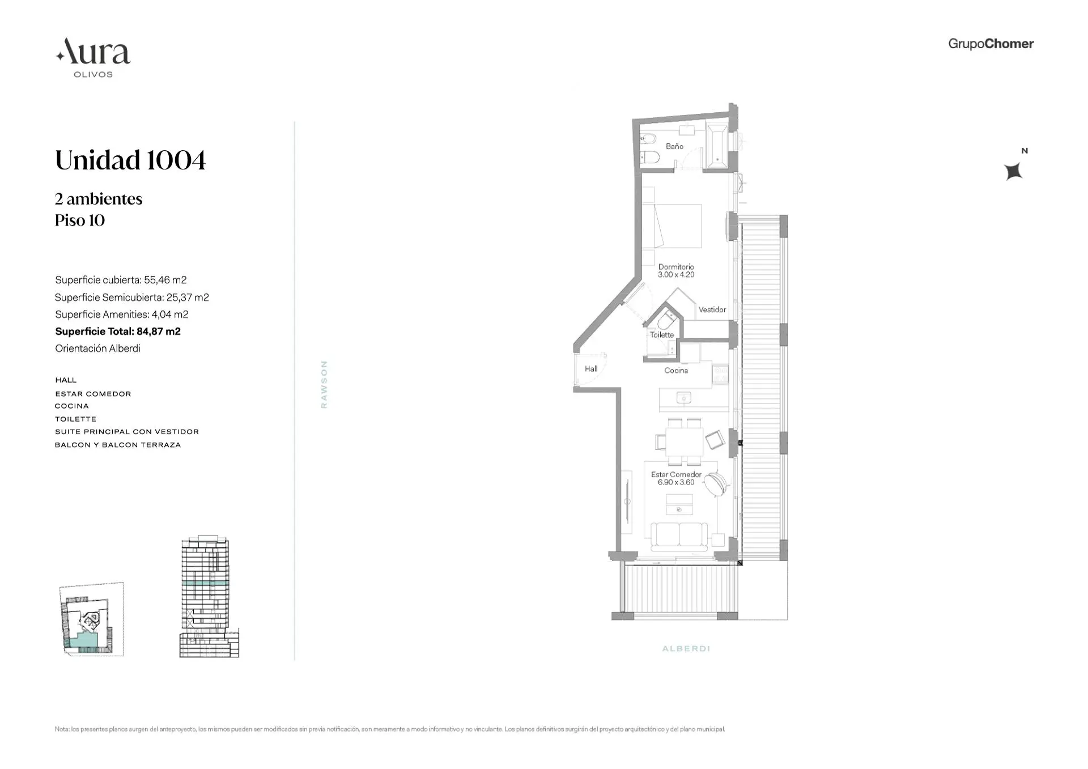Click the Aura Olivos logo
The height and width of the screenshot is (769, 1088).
(x=93, y=57)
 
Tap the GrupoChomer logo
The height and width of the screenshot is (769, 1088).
(x=991, y=44)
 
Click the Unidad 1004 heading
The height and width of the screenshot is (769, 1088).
(x=130, y=160)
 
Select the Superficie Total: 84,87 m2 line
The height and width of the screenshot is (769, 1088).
(x=118, y=332)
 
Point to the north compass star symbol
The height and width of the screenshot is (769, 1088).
(x=1013, y=171)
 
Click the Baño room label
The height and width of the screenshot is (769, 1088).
(x=674, y=146)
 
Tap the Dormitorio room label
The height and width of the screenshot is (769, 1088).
(x=676, y=267)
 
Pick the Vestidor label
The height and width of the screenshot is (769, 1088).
(x=712, y=309)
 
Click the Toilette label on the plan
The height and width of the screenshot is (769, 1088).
(x=662, y=335)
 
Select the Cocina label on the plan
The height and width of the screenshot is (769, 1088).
(x=676, y=371)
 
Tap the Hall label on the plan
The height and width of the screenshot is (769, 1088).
(x=591, y=369)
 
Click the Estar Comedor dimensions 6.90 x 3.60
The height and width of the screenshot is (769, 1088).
(x=676, y=483)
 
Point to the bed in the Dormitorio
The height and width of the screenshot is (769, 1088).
(x=677, y=226)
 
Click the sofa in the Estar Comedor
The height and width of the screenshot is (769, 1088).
(x=679, y=536)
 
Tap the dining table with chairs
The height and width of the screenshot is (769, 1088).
(x=684, y=441)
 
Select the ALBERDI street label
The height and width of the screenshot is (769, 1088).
(x=686, y=648)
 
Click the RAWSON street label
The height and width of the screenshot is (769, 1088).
(x=324, y=384)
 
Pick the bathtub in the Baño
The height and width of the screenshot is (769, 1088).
(x=717, y=146)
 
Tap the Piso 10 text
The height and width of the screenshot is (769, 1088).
(x=80, y=220)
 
